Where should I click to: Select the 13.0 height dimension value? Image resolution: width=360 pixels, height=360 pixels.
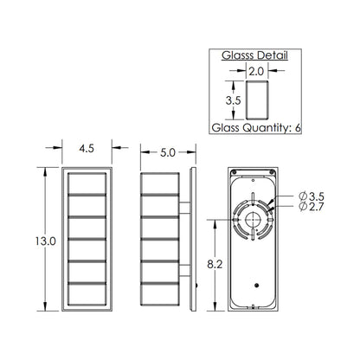(x=29, y=242)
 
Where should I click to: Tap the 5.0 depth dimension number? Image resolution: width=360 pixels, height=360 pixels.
(x=167, y=151)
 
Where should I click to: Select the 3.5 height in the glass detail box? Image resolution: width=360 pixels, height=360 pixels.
(x=232, y=100)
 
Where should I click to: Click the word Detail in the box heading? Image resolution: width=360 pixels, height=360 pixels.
(x=269, y=55)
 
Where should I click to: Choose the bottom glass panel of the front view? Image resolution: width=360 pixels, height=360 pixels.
(x=86, y=295)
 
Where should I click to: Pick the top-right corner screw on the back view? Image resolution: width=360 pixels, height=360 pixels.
(x=274, y=172)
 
